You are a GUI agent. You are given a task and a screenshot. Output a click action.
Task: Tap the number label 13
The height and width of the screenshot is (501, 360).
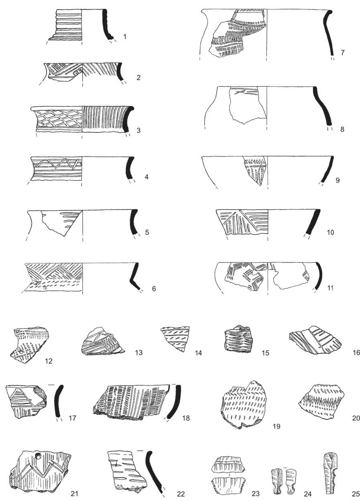pos(138,353)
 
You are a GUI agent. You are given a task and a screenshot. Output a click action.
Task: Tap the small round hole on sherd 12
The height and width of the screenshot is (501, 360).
pos(21,352)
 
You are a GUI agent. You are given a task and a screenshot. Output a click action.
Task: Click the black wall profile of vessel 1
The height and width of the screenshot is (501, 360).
pos(107,24)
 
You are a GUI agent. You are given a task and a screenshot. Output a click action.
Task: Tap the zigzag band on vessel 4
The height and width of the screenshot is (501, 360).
pos(57,164)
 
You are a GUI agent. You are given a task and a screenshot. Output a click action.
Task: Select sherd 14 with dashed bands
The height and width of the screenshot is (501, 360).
pos(175,339)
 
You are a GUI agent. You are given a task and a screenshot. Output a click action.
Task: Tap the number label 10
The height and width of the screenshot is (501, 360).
pos(330,232)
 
